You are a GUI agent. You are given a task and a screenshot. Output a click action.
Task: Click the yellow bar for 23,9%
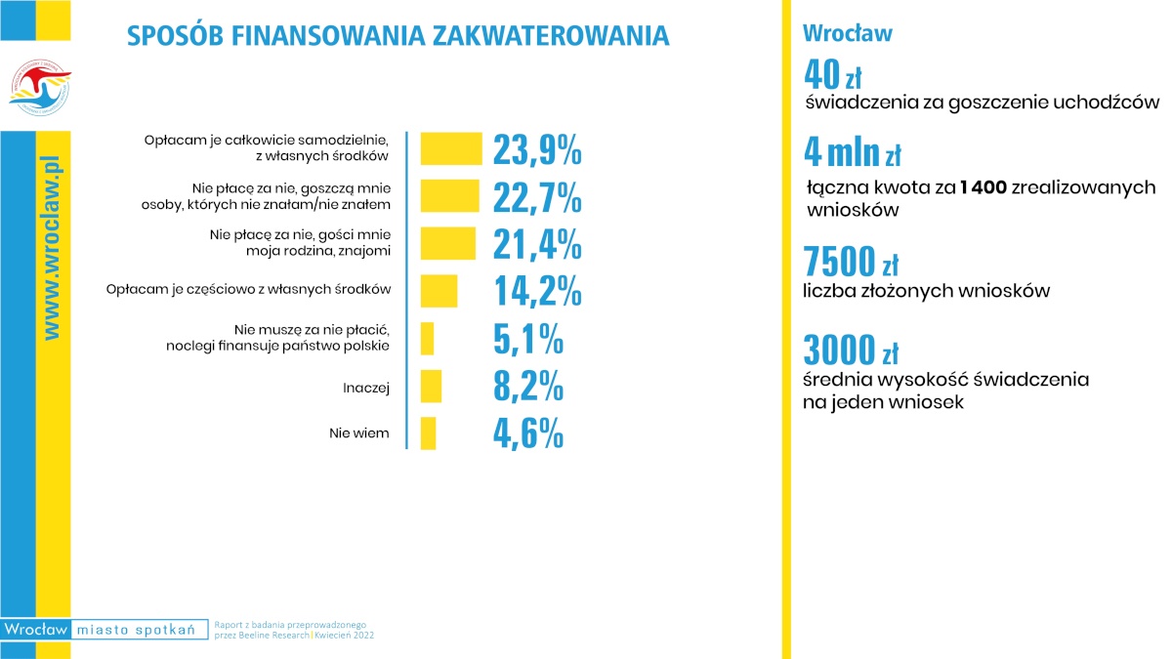click(451, 149)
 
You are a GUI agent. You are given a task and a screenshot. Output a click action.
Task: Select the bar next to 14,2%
click(439, 291)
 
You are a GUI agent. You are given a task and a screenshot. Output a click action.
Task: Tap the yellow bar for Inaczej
click(431, 386)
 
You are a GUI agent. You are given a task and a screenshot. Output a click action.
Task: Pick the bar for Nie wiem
click(428, 433)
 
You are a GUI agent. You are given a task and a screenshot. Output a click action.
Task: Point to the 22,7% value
click(537, 197)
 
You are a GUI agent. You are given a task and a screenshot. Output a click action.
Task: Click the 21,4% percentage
click(537, 244)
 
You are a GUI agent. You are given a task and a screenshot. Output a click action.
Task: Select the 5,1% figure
click(528, 339)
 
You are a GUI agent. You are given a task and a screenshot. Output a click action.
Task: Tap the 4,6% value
click(528, 433)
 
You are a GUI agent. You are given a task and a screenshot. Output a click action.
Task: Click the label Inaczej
click(366, 388)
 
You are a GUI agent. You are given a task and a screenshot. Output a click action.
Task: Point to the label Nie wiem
click(359, 433)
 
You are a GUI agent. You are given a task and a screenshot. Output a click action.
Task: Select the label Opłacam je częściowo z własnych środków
click(248, 289)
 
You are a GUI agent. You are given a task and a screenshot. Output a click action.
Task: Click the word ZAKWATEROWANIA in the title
click(551, 35)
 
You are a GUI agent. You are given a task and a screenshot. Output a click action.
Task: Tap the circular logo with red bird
click(40, 87)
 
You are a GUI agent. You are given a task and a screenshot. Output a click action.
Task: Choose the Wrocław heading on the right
click(848, 33)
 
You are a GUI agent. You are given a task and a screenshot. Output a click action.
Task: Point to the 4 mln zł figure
click(853, 152)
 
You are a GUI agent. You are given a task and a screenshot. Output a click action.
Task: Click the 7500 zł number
click(851, 261)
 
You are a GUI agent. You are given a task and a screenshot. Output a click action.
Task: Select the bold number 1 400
click(984, 186)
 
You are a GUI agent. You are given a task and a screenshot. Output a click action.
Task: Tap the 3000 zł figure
click(851, 350)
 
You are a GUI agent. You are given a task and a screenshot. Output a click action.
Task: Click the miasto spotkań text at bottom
click(136, 629)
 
